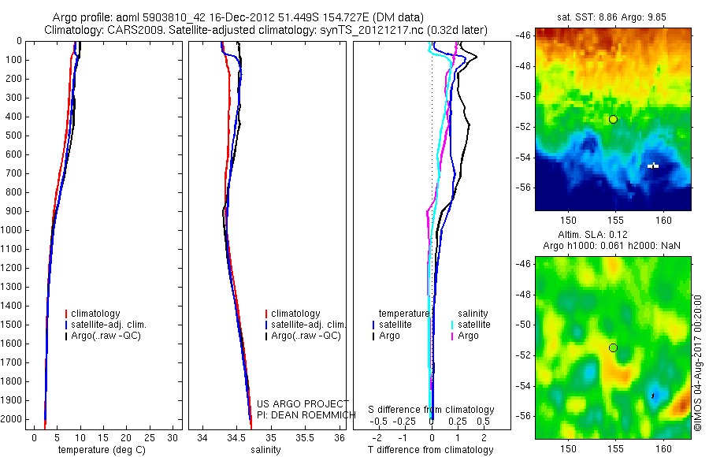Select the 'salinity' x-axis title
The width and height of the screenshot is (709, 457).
click(x=265, y=450)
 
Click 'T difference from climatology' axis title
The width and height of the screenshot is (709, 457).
click(x=430, y=450)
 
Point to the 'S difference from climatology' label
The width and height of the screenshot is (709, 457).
click(x=431, y=410)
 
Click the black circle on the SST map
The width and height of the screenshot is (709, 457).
click(x=613, y=119)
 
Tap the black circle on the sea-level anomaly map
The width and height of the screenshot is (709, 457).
click(x=613, y=347)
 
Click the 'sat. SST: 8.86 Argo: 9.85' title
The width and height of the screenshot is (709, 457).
click(x=613, y=15)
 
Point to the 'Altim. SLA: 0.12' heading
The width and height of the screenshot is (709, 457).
click(x=612, y=236)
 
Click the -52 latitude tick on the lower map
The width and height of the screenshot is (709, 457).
click(x=522, y=355)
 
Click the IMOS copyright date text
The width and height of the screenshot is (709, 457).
click(x=698, y=363)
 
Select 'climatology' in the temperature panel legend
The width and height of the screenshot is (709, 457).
click(x=96, y=314)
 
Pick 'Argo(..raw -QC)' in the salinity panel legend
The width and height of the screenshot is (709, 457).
click(x=305, y=336)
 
